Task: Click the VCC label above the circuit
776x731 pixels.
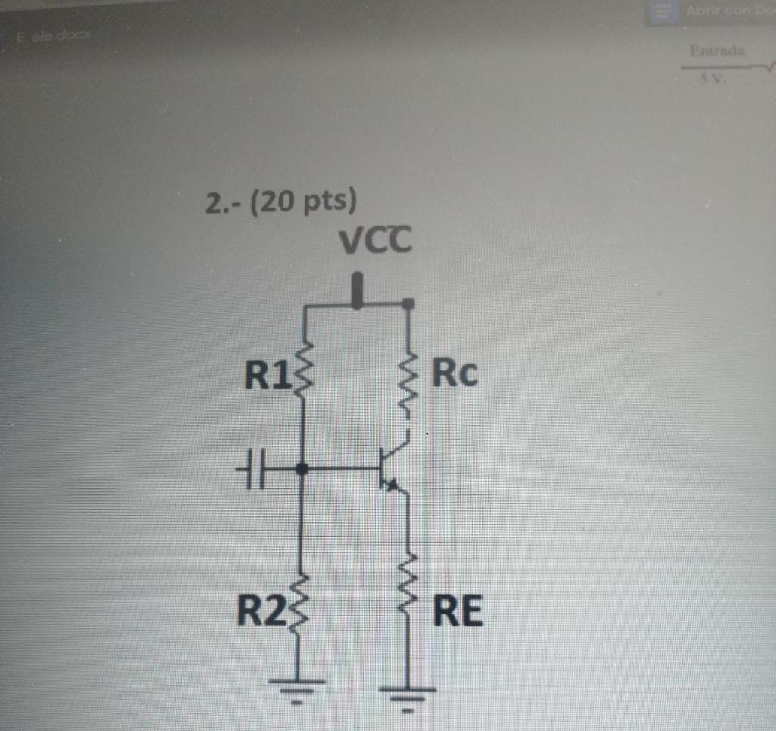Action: pyautogui.click(x=375, y=242)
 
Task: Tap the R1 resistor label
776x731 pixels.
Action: pyautogui.click(x=266, y=374)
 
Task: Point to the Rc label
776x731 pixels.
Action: pyautogui.click(x=455, y=373)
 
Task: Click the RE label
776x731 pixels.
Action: pyautogui.click(x=457, y=611)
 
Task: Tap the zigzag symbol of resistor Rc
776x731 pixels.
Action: pyautogui.click(x=408, y=386)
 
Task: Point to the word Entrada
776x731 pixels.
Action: pyautogui.click(x=716, y=51)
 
